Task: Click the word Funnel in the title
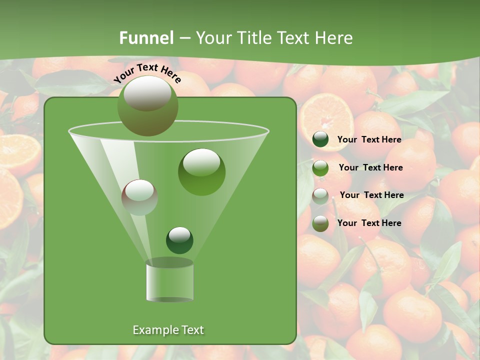coord(146,38)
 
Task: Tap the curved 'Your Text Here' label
coord(147,73)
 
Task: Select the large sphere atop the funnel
coord(147,105)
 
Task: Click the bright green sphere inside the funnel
coord(201,171)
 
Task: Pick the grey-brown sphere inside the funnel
coord(139,197)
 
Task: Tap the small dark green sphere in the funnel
coord(179,240)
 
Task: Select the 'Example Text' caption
coord(168,330)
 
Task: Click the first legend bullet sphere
coord(320,139)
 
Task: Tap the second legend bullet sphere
coord(320,167)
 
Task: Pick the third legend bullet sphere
coord(320,195)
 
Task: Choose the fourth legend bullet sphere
coord(320,223)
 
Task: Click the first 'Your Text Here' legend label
coord(369,139)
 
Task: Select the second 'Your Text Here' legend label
coord(370,167)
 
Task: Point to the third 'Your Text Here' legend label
coord(371,195)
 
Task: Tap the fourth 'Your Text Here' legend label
coord(369,223)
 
